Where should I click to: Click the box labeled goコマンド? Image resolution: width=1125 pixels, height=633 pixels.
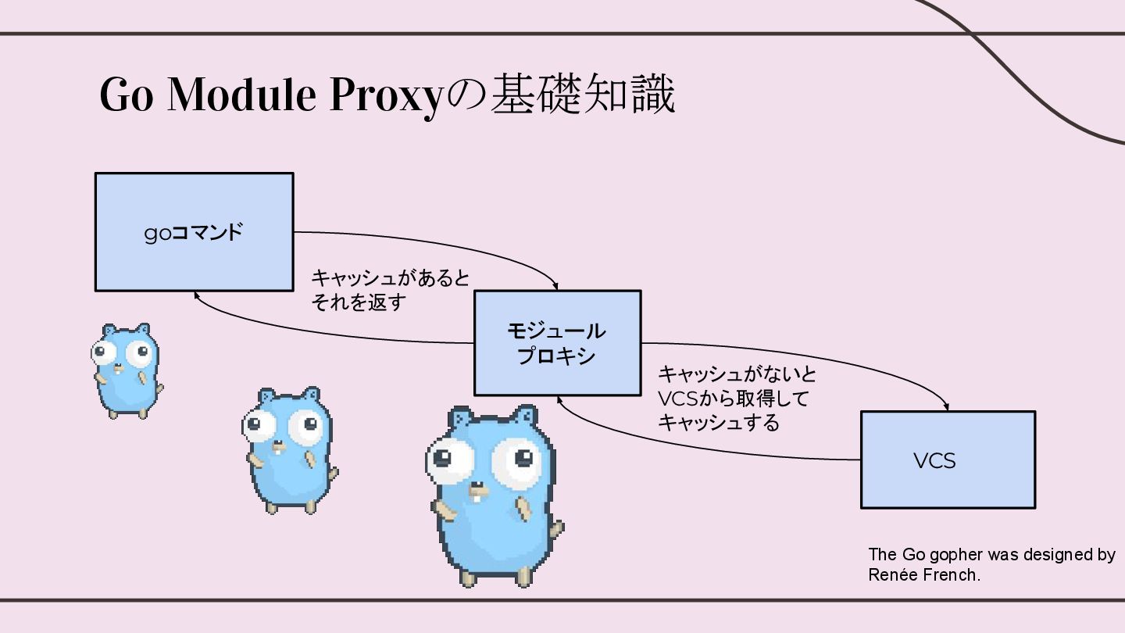pyautogui.click(x=194, y=231)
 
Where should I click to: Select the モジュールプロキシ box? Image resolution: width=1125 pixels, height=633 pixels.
pyautogui.click(x=557, y=343)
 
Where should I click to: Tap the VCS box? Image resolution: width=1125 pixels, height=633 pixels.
pyautogui.click(x=947, y=460)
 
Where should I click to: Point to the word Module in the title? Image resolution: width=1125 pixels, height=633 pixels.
pyautogui.click(x=241, y=95)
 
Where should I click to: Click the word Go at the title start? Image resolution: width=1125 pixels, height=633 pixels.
pyautogui.click(x=126, y=95)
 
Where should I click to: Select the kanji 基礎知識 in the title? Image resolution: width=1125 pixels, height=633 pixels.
pyautogui.click(x=582, y=95)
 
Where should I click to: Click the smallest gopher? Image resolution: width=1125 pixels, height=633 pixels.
pyautogui.click(x=125, y=370)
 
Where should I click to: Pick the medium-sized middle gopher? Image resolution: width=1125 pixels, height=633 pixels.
pyautogui.click(x=290, y=449)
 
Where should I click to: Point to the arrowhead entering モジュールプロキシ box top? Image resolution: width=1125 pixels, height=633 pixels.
pyautogui.click(x=557, y=287)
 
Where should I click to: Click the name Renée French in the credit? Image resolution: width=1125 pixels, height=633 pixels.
pyautogui.click(x=923, y=575)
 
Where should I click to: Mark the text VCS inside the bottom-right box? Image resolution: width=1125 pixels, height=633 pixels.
pyautogui.click(x=934, y=461)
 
